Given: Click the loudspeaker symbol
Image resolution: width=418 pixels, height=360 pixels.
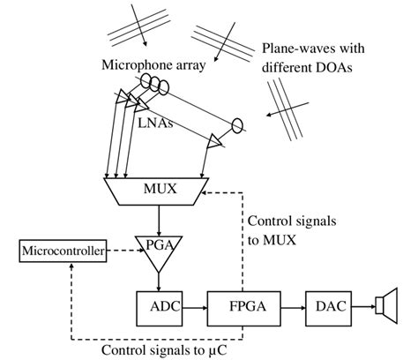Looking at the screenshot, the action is coord(387,306).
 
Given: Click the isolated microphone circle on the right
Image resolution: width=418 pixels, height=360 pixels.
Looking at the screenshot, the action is coord(237,125).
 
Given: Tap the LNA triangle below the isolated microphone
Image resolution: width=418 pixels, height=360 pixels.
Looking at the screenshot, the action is coord(214,141).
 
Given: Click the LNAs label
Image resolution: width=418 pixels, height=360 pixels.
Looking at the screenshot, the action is coord(155,123).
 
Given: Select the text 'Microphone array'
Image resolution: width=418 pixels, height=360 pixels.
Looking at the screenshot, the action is coord(153,65).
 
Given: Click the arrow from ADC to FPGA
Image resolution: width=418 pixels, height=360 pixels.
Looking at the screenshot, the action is coord(195,308).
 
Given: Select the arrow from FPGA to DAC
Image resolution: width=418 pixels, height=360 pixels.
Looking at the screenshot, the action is coord(293,308).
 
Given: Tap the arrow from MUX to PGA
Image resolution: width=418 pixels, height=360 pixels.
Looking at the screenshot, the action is coord(159,221).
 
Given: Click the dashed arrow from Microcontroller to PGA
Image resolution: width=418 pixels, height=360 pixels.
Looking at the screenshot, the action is coord(124,251).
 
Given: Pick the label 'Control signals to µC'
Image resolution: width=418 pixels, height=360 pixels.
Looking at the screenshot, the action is coord(164,350).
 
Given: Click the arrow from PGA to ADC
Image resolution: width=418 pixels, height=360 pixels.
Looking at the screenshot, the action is coord(159,282).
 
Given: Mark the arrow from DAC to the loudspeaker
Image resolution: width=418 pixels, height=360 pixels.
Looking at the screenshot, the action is coord(364,307).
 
